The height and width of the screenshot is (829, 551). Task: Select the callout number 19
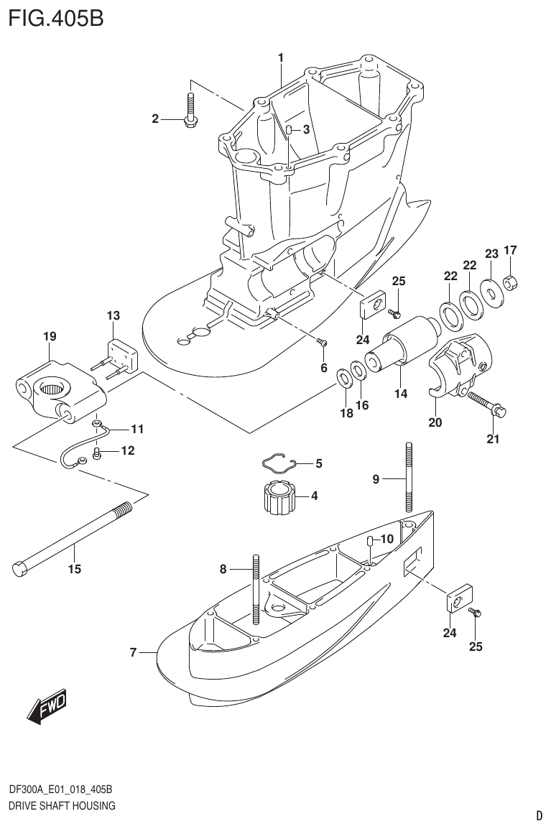49,336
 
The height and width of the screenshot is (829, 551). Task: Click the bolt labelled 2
190,111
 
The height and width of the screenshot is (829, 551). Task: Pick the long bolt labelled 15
72,537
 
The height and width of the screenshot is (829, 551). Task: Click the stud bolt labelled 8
255,590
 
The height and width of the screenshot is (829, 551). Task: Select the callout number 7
134,652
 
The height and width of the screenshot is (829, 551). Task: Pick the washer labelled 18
344,378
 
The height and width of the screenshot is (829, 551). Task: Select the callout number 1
281,57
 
